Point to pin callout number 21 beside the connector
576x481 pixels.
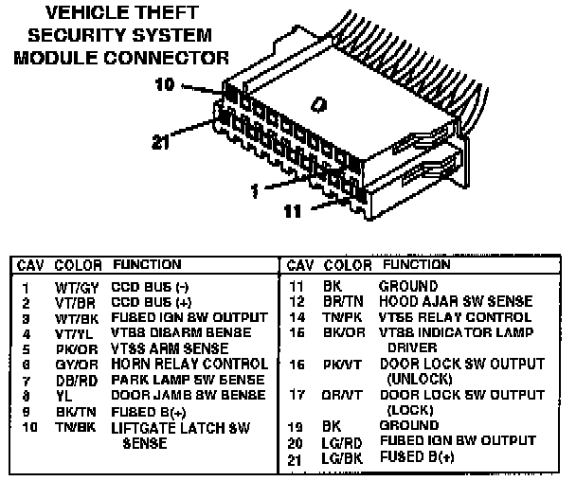tap(164, 143)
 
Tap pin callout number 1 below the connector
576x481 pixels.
tap(254, 190)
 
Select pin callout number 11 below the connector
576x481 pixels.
tap(294, 211)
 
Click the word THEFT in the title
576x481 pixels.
tap(167, 13)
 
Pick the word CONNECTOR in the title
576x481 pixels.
tap(171, 57)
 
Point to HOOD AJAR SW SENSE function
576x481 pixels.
tap(456, 301)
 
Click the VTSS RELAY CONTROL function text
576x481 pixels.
tap(455, 317)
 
